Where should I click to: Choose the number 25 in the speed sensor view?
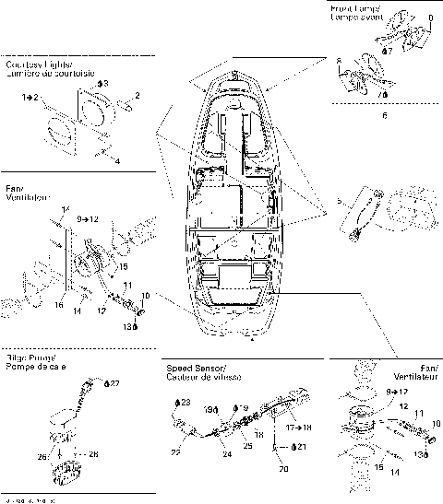(247, 446)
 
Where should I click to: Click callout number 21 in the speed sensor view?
(299, 446)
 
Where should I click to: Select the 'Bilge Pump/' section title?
(29, 357)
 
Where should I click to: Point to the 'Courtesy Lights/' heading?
(38, 65)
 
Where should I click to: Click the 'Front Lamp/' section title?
(355, 8)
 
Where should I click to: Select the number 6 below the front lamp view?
(384, 117)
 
